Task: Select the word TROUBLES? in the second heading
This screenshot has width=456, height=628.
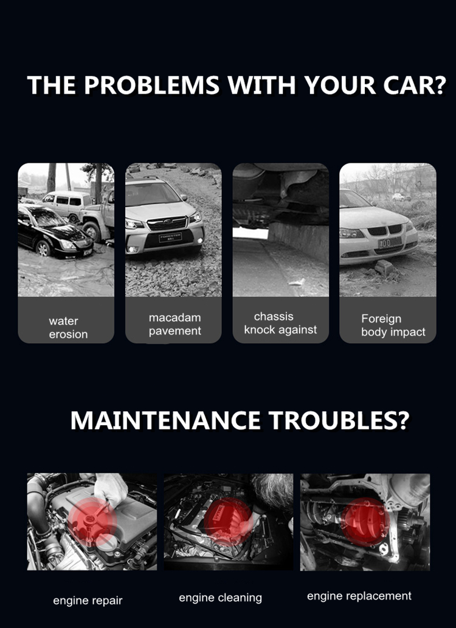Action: [x=339, y=420]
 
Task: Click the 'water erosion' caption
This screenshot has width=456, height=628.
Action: [x=68, y=327]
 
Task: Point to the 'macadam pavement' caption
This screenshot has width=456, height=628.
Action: [x=175, y=324]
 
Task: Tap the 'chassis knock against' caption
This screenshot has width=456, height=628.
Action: [x=281, y=323]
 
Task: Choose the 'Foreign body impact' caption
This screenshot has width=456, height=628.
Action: [x=393, y=325]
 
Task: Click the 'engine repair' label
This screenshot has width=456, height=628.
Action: [x=88, y=601]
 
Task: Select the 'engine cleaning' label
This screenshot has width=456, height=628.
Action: [x=220, y=598]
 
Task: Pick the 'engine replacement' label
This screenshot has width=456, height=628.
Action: [x=359, y=596]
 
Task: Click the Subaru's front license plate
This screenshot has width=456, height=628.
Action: [x=170, y=237]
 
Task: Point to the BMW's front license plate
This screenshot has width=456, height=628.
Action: [x=390, y=242]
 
